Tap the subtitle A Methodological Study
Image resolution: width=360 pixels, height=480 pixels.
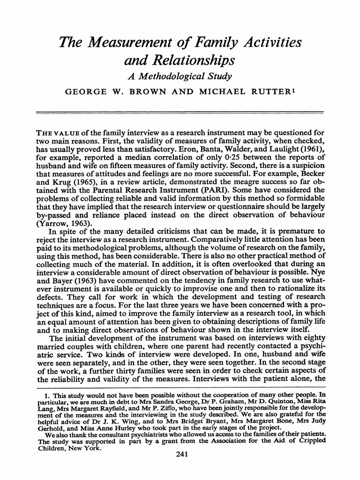pos(180,76)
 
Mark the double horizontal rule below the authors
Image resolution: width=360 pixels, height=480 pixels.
pos(180,112)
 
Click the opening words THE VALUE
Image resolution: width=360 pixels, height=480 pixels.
pos(55,131)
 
